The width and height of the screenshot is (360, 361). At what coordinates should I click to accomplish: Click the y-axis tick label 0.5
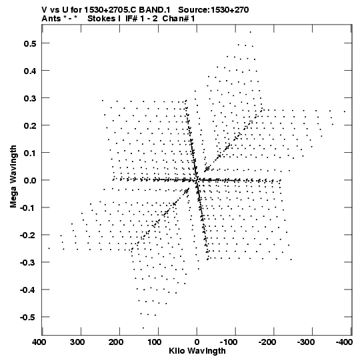[30, 43]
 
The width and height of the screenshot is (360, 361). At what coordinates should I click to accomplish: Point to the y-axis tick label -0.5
[28, 317]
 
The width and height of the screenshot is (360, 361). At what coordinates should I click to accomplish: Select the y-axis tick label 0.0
[30, 180]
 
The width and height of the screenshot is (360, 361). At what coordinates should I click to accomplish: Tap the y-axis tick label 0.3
[30, 98]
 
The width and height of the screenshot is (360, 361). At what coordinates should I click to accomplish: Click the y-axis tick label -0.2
[28, 235]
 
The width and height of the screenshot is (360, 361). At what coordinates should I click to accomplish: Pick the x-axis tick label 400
[39, 342]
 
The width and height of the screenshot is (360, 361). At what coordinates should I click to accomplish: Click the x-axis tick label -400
[344, 342]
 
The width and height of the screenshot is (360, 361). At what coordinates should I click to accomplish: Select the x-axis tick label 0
[197, 342]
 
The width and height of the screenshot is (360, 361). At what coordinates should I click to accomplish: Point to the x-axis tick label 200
[116, 342]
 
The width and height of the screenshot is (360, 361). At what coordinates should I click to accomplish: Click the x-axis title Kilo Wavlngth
[197, 351]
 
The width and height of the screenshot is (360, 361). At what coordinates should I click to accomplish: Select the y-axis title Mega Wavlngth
[13, 177]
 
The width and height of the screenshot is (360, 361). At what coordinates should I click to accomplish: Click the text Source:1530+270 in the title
[213, 10]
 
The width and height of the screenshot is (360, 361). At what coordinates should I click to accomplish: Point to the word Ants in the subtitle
[51, 19]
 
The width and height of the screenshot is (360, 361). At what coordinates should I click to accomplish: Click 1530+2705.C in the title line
[111, 10]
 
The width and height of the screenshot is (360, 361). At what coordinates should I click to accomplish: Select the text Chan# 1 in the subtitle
[179, 19]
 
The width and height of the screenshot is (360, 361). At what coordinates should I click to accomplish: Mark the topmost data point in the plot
[250, 32]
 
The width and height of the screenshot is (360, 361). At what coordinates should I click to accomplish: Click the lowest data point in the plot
[143, 328]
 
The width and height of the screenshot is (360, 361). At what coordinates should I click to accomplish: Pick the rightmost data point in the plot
[345, 111]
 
